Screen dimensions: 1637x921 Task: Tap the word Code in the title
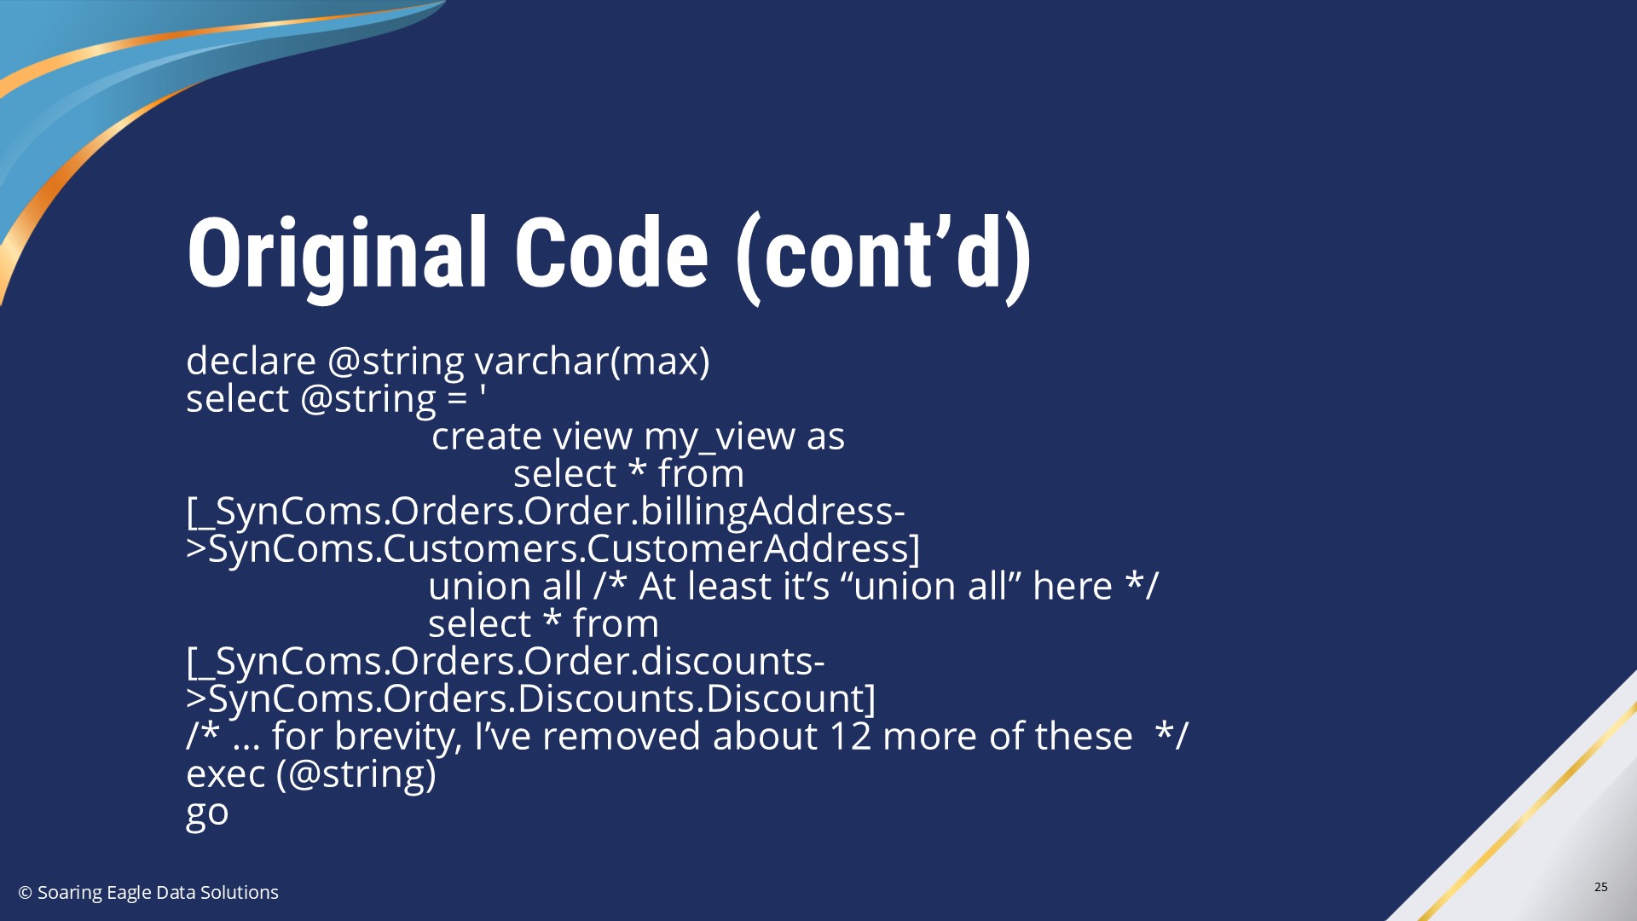(611, 253)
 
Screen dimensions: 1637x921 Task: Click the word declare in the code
(252, 361)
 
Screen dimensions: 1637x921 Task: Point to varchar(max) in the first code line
(592, 362)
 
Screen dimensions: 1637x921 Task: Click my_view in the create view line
(719, 437)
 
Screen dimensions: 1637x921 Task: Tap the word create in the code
(487, 437)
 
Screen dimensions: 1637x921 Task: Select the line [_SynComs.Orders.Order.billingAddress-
(546, 511)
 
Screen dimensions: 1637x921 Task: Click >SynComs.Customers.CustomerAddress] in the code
(553, 548)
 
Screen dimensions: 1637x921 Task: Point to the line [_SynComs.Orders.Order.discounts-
(506, 661)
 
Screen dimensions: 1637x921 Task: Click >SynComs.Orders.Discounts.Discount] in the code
(531, 698)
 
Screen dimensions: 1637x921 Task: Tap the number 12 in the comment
(850, 737)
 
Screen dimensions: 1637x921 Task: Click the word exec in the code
(226, 774)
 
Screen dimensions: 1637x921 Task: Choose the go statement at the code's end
(207, 813)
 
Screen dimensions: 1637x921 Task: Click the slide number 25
(1601, 887)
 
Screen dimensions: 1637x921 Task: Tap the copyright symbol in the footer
(26, 893)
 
